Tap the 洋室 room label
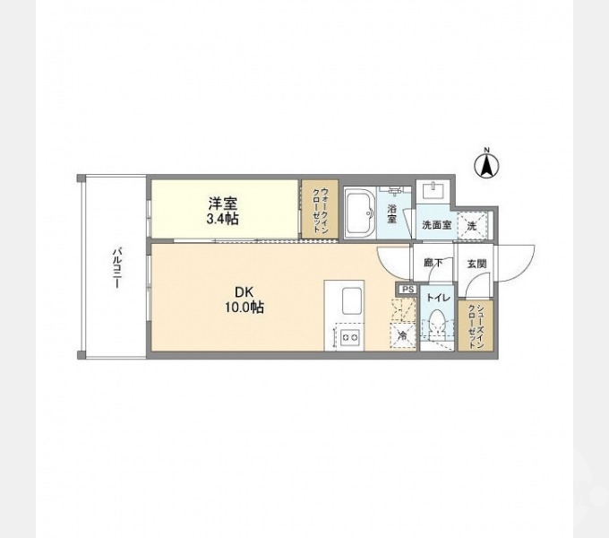point(223,203)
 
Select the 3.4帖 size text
point(223,218)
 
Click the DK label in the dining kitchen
point(244,291)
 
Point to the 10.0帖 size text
point(244,307)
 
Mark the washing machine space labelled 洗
point(471,226)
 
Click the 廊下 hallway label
point(433,264)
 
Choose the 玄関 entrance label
point(476,264)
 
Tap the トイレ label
point(438,297)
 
